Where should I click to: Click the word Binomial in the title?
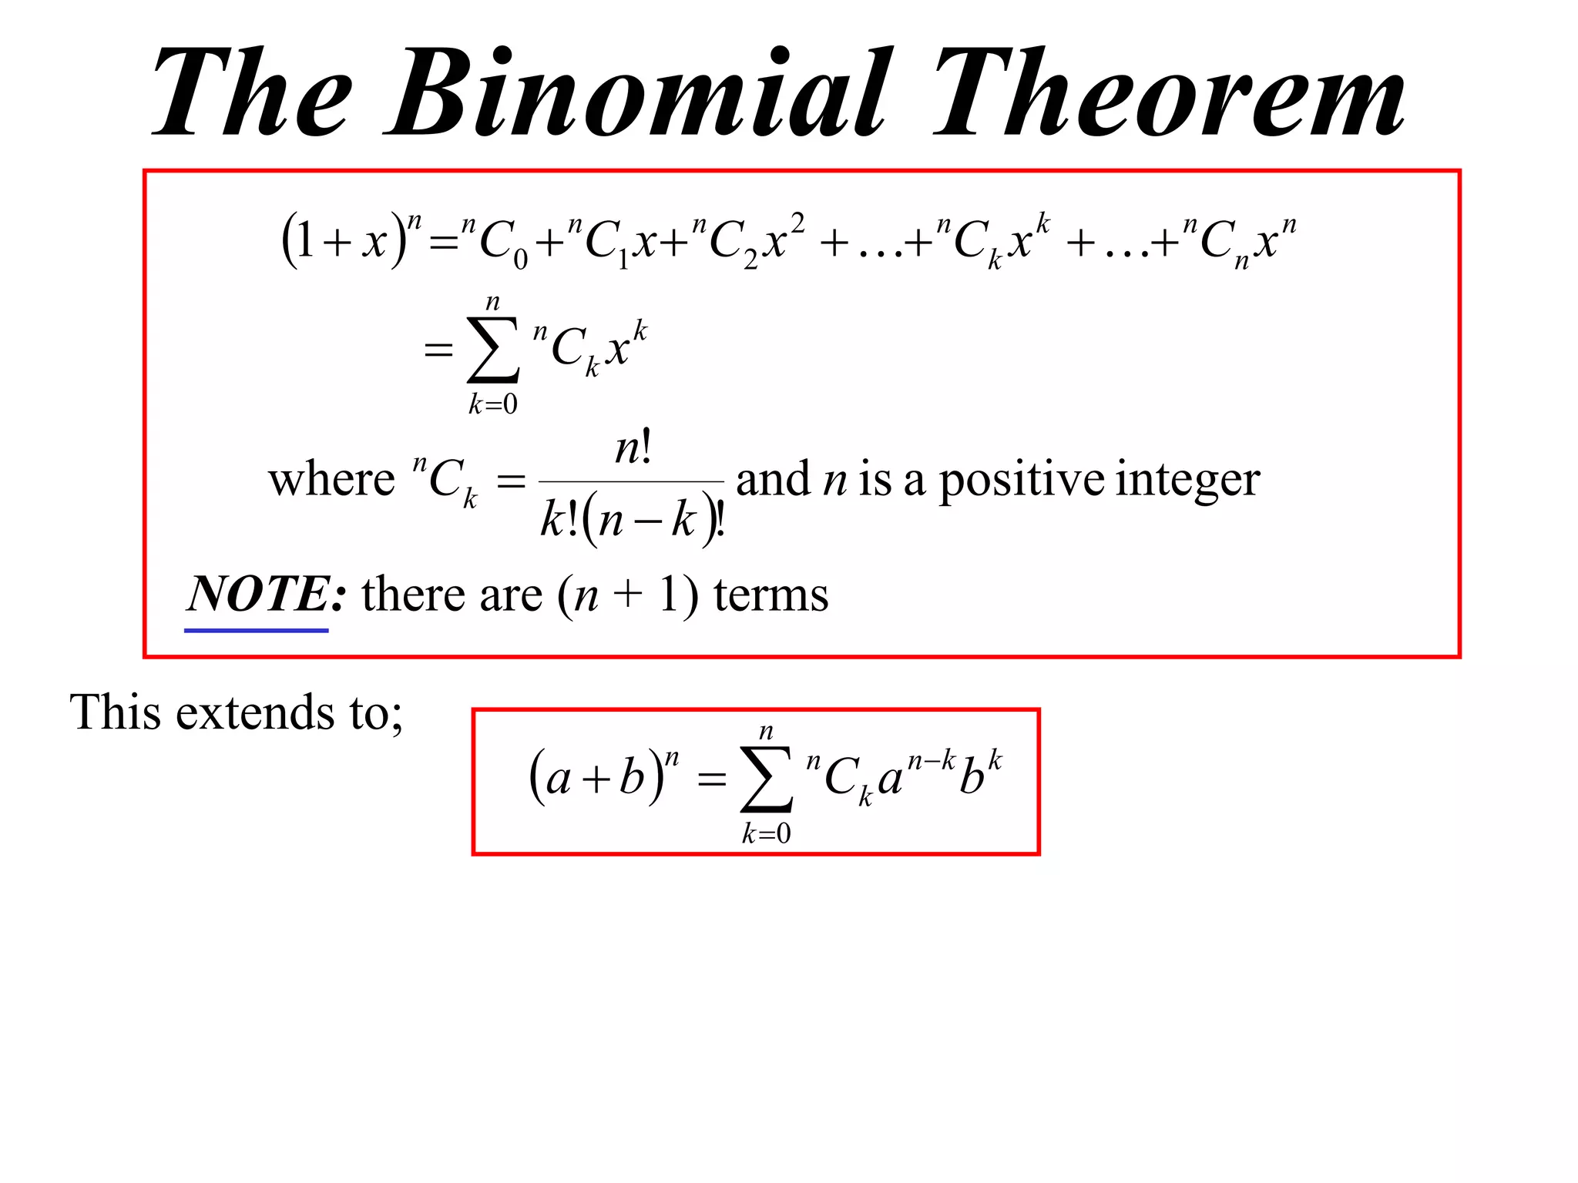tap(639, 92)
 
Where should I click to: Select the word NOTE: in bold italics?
tap(267, 594)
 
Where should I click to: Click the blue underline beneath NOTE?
tap(256, 631)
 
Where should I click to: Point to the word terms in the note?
tap(771, 595)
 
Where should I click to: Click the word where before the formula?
tap(331, 479)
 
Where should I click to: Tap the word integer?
tap(1187, 481)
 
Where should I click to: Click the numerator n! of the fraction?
tap(633, 447)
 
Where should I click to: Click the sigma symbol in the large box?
tap(492, 350)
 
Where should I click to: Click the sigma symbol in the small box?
tap(766, 779)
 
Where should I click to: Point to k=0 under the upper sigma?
tap(493, 404)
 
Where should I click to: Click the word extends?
tap(255, 712)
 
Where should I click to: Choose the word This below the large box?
tap(116, 712)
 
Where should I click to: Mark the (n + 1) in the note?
tap(628, 595)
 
